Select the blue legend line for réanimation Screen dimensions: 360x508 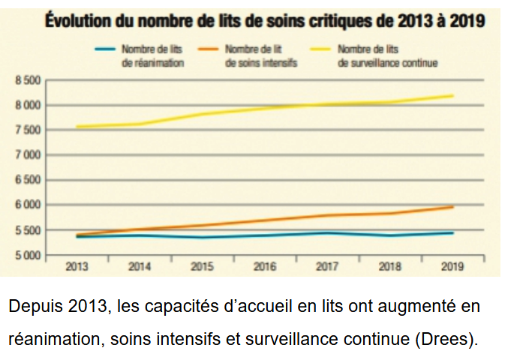tap(105, 49)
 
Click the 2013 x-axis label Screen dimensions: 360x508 tap(77, 265)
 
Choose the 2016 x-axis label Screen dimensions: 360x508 tap(265, 265)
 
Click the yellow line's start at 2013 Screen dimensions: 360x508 tap(77, 127)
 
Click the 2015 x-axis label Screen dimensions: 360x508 tap(203, 265)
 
